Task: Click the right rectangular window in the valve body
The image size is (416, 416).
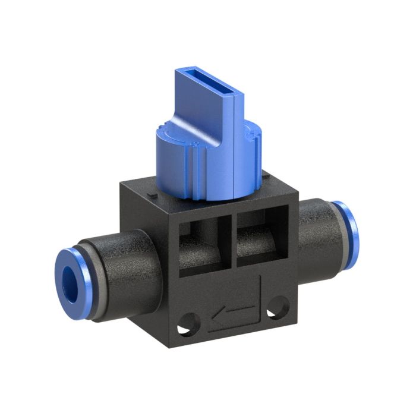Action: coord(261,237)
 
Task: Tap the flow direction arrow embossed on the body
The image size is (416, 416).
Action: coord(235,310)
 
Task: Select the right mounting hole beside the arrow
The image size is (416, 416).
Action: coord(274,309)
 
